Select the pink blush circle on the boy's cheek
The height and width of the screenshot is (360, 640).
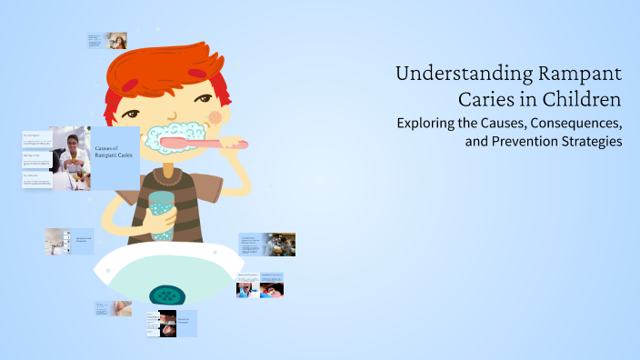pyautogui.click(x=215, y=116)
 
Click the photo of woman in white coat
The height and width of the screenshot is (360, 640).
pyautogui.click(x=71, y=158)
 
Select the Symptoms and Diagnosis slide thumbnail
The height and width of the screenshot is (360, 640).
pyautogui.click(x=70, y=241)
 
